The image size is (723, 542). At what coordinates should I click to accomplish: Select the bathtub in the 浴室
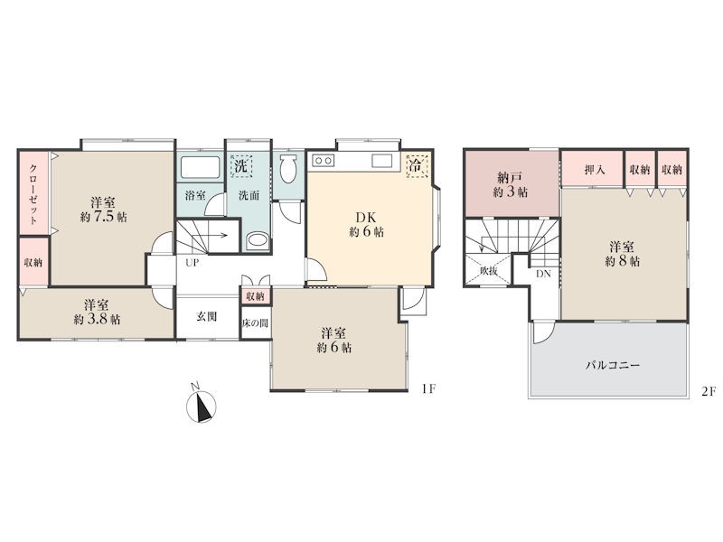pos(200,167)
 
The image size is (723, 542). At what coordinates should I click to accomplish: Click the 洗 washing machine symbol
pos(241,165)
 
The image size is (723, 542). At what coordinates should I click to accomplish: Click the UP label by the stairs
pos(192,263)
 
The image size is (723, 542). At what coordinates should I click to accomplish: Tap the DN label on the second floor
pos(543,274)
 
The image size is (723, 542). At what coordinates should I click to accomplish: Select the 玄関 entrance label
pos(207,317)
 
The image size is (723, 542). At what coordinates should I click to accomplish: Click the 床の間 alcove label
pos(256,323)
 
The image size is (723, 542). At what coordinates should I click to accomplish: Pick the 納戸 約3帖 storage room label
pos(510,185)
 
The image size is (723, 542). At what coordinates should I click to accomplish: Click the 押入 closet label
pos(595,170)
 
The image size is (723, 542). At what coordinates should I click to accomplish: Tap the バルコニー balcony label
pos(613,366)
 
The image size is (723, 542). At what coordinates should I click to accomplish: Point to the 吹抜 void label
pos(488,271)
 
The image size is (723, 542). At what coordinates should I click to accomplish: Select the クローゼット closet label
pos(33,194)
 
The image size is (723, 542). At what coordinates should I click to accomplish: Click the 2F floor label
pos(709,392)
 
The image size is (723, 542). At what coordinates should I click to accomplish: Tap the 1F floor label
pos(427,389)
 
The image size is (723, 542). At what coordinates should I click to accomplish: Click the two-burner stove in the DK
pos(324,161)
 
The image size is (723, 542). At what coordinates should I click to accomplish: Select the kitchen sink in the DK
pos(381,161)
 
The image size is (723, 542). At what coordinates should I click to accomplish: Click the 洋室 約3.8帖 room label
pos(97,312)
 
